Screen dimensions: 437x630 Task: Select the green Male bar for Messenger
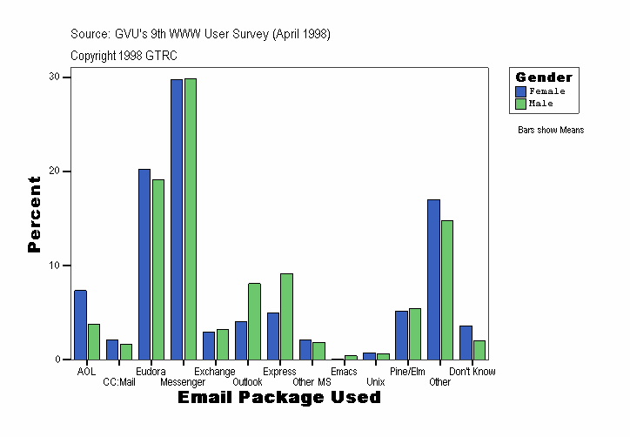(x=191, y=218)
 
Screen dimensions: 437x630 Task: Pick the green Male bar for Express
(x=286, y=316)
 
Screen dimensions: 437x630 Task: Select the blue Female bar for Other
(x=433, y=279)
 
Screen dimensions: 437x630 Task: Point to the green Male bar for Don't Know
(x=479, y=349)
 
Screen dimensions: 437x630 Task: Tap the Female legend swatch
(x=521, y=91)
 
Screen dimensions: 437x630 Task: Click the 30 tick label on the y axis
(x=55, y=77)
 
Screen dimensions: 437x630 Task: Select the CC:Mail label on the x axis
(x=119, y=382)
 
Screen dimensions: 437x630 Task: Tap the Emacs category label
(x=344, y=372)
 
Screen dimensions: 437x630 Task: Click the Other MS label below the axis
(x=312, y=382)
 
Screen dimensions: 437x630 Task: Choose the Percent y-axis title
(x=34, y=214)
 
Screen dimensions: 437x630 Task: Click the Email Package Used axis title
(x=279, y=398)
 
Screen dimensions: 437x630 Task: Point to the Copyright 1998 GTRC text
(x=124, y=55)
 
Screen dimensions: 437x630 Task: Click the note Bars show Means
(x=551, y=131)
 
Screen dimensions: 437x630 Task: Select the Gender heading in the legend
(x=544, y=77)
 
